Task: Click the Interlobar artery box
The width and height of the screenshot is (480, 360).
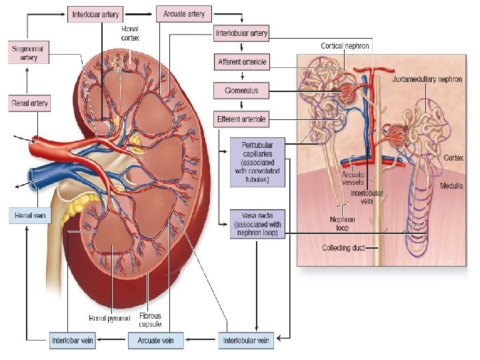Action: (95, 14)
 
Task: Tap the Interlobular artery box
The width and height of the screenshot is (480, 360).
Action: (241, 33)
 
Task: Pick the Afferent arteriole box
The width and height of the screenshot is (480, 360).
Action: (241, 62)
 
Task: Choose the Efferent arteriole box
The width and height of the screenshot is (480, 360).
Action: (241, 120)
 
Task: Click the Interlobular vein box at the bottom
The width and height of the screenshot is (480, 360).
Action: (247, 341)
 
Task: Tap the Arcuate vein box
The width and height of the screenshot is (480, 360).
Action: (155, 341)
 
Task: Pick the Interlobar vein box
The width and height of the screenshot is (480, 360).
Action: (73, 341)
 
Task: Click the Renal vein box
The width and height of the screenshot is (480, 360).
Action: (29, 216)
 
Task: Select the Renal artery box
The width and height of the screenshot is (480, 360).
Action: (30, 104)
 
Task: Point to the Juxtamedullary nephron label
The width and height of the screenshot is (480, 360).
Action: (427, 79)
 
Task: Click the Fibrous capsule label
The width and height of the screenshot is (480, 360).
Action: (150, 320)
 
